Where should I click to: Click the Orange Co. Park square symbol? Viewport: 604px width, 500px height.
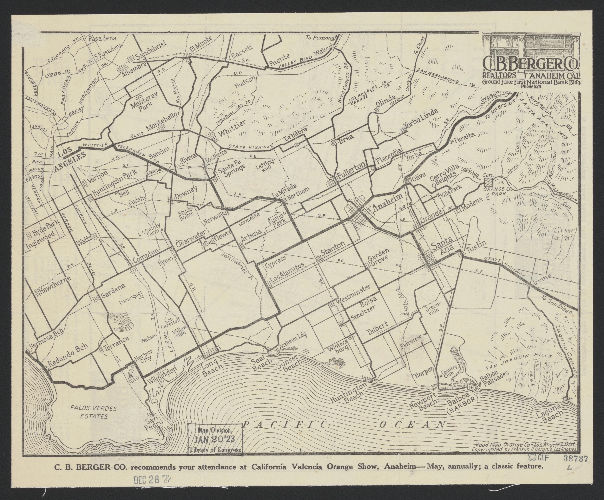click(488, 182)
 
